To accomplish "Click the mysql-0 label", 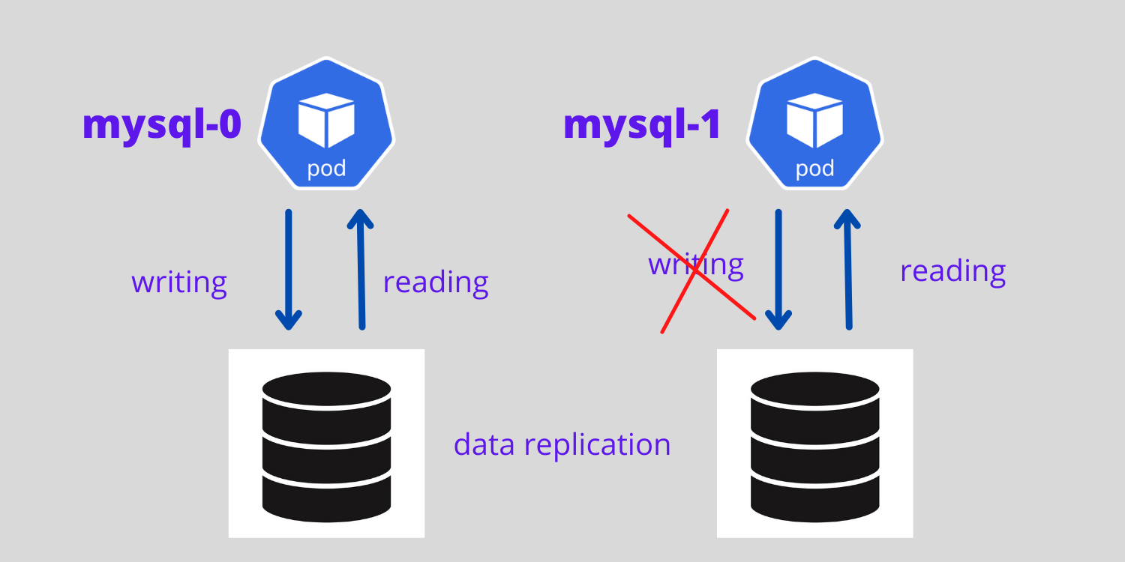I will pos(161,125).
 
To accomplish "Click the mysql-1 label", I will pos(641,125).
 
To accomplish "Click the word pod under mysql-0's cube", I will pos(326,168).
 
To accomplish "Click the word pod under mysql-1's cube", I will pos(814,168).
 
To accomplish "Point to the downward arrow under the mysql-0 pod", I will pos(289,270).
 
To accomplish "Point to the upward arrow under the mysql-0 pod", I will pos(361,270).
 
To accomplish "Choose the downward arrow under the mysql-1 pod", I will pos(778,270).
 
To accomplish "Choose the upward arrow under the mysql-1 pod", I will pos(848,270).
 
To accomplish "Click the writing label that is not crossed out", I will pos(179,283).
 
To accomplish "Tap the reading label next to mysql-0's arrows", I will pos(436,283).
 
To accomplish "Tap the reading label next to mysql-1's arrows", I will pos(952,271).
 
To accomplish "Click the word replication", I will pos(597,445).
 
